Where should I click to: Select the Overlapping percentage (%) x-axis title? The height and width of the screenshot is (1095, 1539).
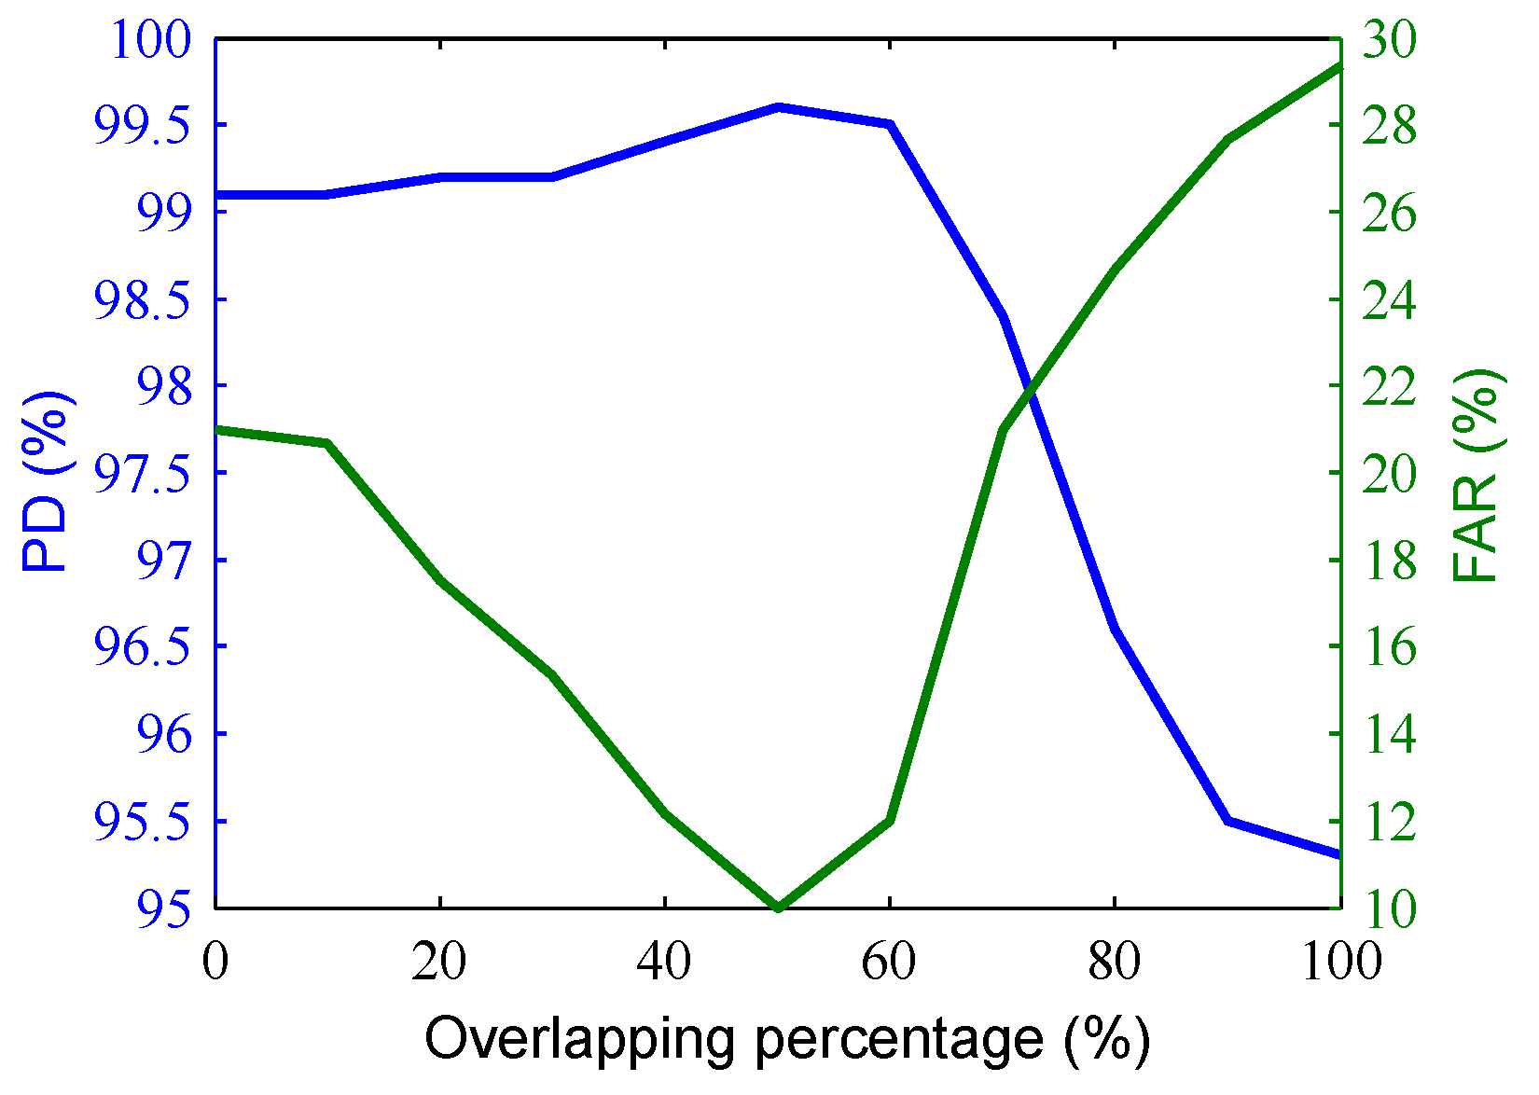[x=786, y=1039]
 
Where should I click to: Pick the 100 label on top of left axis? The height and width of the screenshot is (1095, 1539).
[x=151, y=41]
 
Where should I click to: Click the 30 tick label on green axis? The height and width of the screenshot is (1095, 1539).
[x=1389, y=41]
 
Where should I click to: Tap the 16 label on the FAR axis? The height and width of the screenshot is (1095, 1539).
[x=1389, y=648]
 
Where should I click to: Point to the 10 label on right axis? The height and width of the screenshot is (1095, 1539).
[x=1389, y=908]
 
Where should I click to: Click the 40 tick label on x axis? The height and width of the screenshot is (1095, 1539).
[x=664, y=962]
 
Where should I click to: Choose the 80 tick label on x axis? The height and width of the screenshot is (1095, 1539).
[x=1115, y=962]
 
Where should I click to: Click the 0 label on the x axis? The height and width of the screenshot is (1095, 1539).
[x=215, y=962]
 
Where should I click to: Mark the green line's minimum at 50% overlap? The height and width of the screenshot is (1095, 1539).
[x=778, y=907]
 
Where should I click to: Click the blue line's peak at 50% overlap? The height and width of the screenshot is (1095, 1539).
[x=778, y=107]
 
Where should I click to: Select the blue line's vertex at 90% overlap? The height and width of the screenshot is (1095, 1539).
[x=1228, y=820]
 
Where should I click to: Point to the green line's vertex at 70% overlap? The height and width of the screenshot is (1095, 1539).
[x=1003, y=430]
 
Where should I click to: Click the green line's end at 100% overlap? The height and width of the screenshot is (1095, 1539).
[x=1338, y=66]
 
